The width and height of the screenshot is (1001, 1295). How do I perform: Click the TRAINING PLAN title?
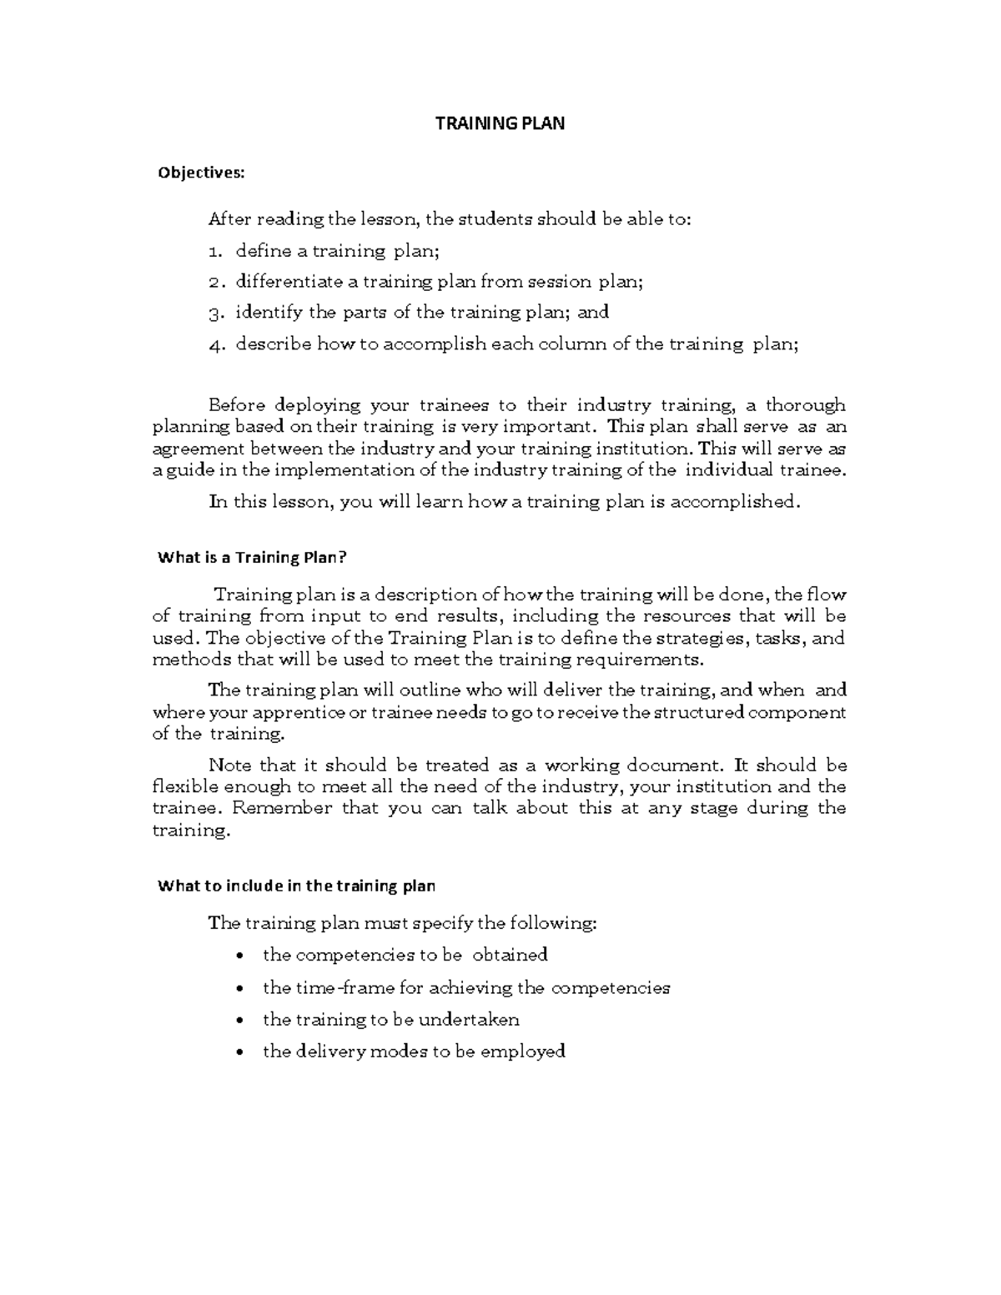tap(500, 123)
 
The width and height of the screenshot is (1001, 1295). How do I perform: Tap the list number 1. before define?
tap(215, 250)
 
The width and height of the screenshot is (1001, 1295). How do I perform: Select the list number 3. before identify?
tap(215, 313)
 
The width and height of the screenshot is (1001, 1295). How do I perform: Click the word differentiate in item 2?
tap(284, 281)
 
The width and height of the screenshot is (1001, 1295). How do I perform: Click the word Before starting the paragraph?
tap(238, 405)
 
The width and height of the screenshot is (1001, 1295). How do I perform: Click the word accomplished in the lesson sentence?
tap(734, 501)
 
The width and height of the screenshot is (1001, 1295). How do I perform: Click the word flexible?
tap(180, 786)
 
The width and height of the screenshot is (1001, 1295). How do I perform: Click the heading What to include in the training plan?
tap(296, 886)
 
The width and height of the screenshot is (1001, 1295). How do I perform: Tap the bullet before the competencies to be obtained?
tap(241, 956)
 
